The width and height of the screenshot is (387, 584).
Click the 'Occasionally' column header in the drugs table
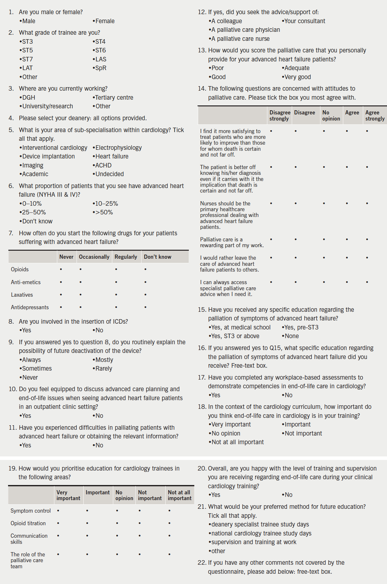[x=94, y=257]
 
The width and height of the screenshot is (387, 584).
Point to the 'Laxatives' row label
[x=22, y=295]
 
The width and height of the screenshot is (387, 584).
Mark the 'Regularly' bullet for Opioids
[x=116, y=269]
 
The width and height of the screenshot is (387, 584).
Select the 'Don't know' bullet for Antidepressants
[x=145, y=307]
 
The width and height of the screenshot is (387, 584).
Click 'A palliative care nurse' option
[x=240, y=39]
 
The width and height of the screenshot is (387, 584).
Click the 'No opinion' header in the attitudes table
[x=331, y=116]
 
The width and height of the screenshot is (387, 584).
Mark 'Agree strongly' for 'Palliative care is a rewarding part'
[x=367, y=239]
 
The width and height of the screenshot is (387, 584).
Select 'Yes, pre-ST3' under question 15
[x=301, y=328]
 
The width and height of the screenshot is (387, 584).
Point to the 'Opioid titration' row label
[x=28, y=523]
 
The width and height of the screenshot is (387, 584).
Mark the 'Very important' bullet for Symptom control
[x=58, y=511]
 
